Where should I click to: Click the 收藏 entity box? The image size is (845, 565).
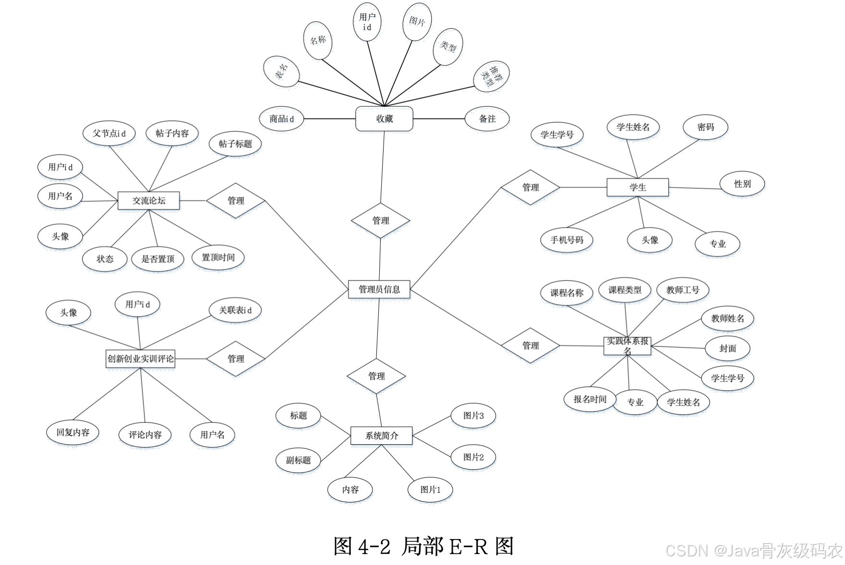click(384, 119)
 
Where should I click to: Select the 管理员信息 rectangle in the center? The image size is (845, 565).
click(379, 289)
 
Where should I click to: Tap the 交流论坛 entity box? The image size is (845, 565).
click(149, 201)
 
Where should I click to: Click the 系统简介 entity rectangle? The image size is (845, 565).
click(382, 436)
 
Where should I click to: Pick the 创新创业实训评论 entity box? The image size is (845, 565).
click(140, 359)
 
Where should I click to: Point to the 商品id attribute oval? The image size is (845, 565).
click(282, 119)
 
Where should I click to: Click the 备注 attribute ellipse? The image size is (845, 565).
click(487, 119)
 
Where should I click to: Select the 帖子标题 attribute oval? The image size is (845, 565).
click(235, 144)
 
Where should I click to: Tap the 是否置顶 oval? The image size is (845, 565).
click(158, 259)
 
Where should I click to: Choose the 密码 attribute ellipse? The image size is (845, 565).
click(705, 127)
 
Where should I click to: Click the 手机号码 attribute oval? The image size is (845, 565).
click(567, 240)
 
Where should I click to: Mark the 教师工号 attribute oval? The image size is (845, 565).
click(683, 290)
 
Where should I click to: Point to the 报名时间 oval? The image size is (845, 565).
click(590, 399)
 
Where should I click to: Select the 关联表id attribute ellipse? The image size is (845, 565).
click(235, 310)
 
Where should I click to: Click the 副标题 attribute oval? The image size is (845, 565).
click(298, 460)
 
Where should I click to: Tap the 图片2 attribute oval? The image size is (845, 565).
click(473, 457)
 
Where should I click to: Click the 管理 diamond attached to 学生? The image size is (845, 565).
click(530, 187)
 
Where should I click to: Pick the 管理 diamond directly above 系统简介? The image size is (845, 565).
click(376, 376)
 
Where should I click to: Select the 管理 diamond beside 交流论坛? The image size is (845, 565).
click(236, 201)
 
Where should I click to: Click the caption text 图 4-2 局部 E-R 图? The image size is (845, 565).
click(423, 546)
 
